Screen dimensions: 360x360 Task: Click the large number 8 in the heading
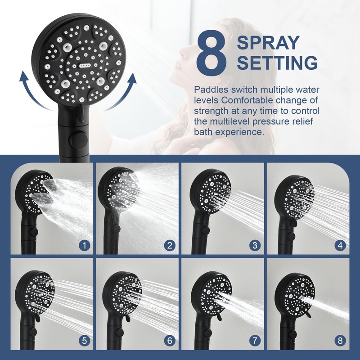tap(211, 52)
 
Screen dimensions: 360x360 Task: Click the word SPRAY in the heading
tap(268, 43)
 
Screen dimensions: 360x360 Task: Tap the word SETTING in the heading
tap(277, 63)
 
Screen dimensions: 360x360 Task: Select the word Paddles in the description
tap(211, 90)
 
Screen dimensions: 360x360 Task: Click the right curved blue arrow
tap(122, 92)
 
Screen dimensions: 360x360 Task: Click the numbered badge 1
tap(84, 246)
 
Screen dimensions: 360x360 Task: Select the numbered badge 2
tap(170, 246)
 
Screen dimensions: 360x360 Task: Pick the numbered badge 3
tap(255, 246)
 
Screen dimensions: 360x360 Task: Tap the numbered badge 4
tap(340, 246)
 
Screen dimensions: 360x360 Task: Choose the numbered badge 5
tap(84, 341)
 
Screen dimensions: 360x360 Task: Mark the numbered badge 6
tap(170, 341)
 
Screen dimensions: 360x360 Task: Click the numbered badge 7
tap(255, 341)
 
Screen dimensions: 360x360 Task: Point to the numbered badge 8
tap(340, 341)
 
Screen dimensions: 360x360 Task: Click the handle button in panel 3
tap(206, 230)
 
